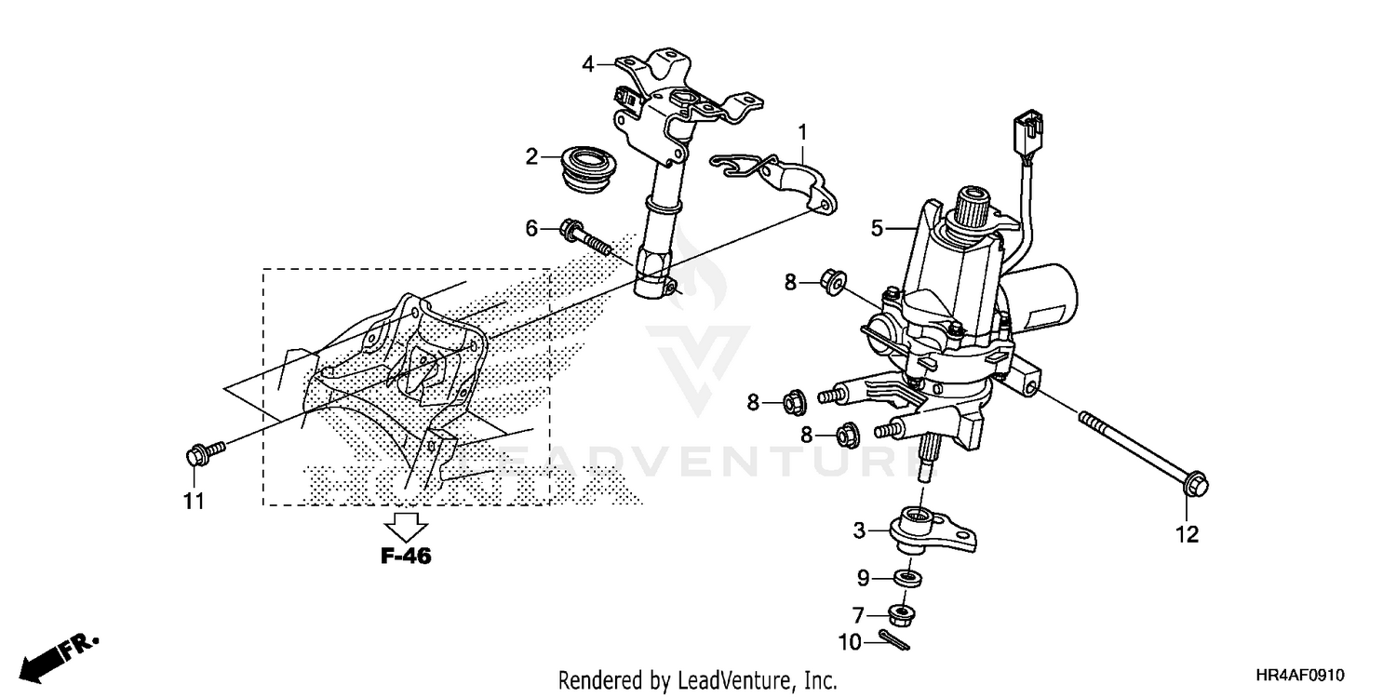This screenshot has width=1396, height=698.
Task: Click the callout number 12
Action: [1188, 535]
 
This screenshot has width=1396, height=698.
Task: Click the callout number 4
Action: [588, 64]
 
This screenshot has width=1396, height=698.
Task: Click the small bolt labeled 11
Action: [202, 454]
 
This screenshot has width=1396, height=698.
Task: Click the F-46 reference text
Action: [407, 557]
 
